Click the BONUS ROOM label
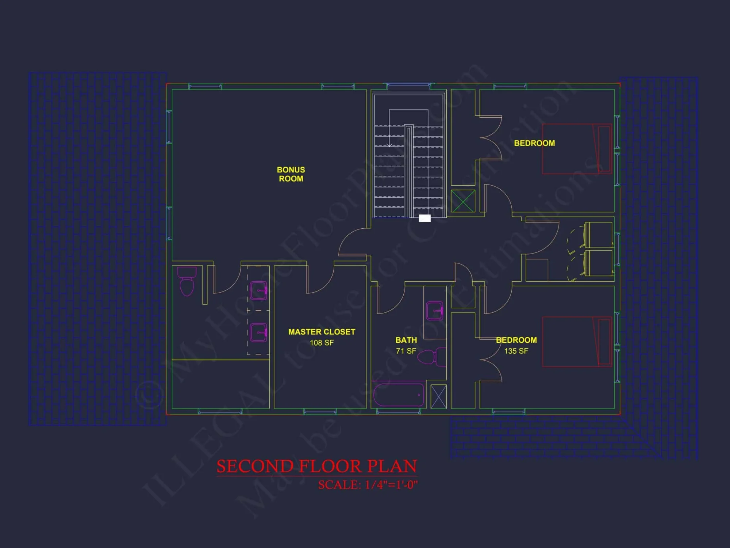(291, 174)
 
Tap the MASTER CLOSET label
(322, 332)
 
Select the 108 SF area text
(322, 343)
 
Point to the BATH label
(406, 340)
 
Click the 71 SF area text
(406, 351)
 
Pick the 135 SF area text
(516, 351)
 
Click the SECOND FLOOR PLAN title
(316, 466)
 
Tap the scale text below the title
(368, 485)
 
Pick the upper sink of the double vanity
(258, 290)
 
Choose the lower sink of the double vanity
(258, 332)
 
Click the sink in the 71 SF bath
(435, 311)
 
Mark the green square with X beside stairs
(463, 201)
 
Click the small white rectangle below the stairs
(424, 218)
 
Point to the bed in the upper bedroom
(577, 149)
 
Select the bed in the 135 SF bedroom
(577, 342)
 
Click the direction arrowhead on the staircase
(389, 145)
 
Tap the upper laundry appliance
(599, 235)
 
